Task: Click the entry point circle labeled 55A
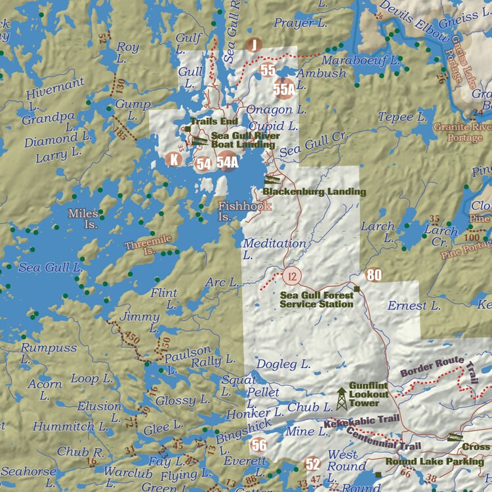click(284, 88)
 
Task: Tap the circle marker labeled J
click(253, 45)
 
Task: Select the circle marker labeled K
click(174, 159)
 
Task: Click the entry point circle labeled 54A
click(227, 161)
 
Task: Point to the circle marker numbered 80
click(374, 275)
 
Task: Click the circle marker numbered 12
click(291, 276)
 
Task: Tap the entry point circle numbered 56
click(259, 445)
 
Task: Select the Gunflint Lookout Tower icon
click(342, 398)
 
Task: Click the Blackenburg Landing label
click(314, 192)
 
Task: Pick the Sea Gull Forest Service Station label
click(316, 300)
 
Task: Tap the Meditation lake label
click(274, 244)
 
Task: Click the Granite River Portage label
click(461, 132)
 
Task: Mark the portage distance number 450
click(132, 337)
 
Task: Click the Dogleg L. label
click(283, 364)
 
